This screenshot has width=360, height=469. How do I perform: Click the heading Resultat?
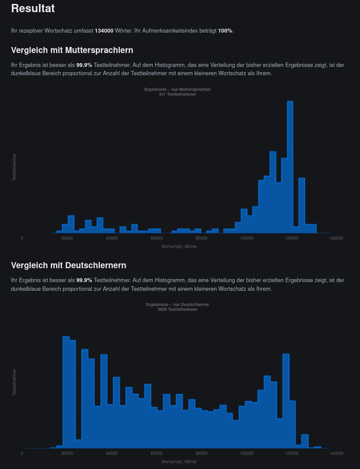(33, 8)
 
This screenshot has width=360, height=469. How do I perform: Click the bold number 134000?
(104, 31)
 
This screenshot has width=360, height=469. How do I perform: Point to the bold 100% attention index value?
(225, 31)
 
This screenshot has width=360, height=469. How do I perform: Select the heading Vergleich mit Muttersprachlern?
(72, 50)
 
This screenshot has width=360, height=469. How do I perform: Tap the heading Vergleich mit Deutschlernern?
(69, 265)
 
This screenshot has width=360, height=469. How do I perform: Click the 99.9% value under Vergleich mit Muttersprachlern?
(84, 65)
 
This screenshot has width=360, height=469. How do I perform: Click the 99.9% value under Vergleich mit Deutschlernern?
(84, 280)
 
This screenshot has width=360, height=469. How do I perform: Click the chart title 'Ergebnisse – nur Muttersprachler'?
(178, 89)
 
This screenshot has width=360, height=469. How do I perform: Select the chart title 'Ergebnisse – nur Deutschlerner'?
(178, 305)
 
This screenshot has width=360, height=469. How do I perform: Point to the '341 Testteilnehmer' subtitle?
(178, 94)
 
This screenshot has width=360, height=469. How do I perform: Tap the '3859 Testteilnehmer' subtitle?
(178, 309)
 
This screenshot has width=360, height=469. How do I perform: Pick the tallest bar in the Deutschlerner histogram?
(66, 391)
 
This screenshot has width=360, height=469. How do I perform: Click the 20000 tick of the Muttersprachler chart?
(67, 238)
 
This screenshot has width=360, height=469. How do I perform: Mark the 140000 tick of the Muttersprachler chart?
(336, 238)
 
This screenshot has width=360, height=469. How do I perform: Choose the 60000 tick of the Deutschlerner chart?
(157, 453)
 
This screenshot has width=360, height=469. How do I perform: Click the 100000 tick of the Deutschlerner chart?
(247, 453)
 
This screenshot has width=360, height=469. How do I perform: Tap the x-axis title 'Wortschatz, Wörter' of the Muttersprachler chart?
(179, 246)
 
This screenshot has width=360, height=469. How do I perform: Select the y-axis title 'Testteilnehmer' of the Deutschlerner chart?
(14, 382)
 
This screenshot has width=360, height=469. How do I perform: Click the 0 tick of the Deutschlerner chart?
(22, 453)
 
